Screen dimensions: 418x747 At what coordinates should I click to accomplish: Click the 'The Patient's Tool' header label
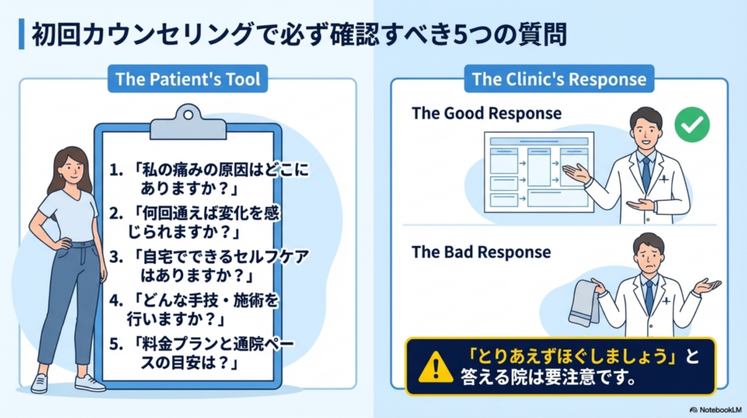187,80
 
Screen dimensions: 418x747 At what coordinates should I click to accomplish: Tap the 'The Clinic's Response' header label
559,79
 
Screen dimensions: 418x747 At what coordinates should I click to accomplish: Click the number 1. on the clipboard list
116,170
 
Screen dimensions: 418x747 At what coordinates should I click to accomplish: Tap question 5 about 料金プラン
212,352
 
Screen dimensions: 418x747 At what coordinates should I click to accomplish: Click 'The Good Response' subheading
487,113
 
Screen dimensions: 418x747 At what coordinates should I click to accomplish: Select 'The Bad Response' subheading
481,252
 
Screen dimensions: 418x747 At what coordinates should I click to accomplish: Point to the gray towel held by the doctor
584,304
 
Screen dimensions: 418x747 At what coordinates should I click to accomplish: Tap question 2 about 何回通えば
212,223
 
